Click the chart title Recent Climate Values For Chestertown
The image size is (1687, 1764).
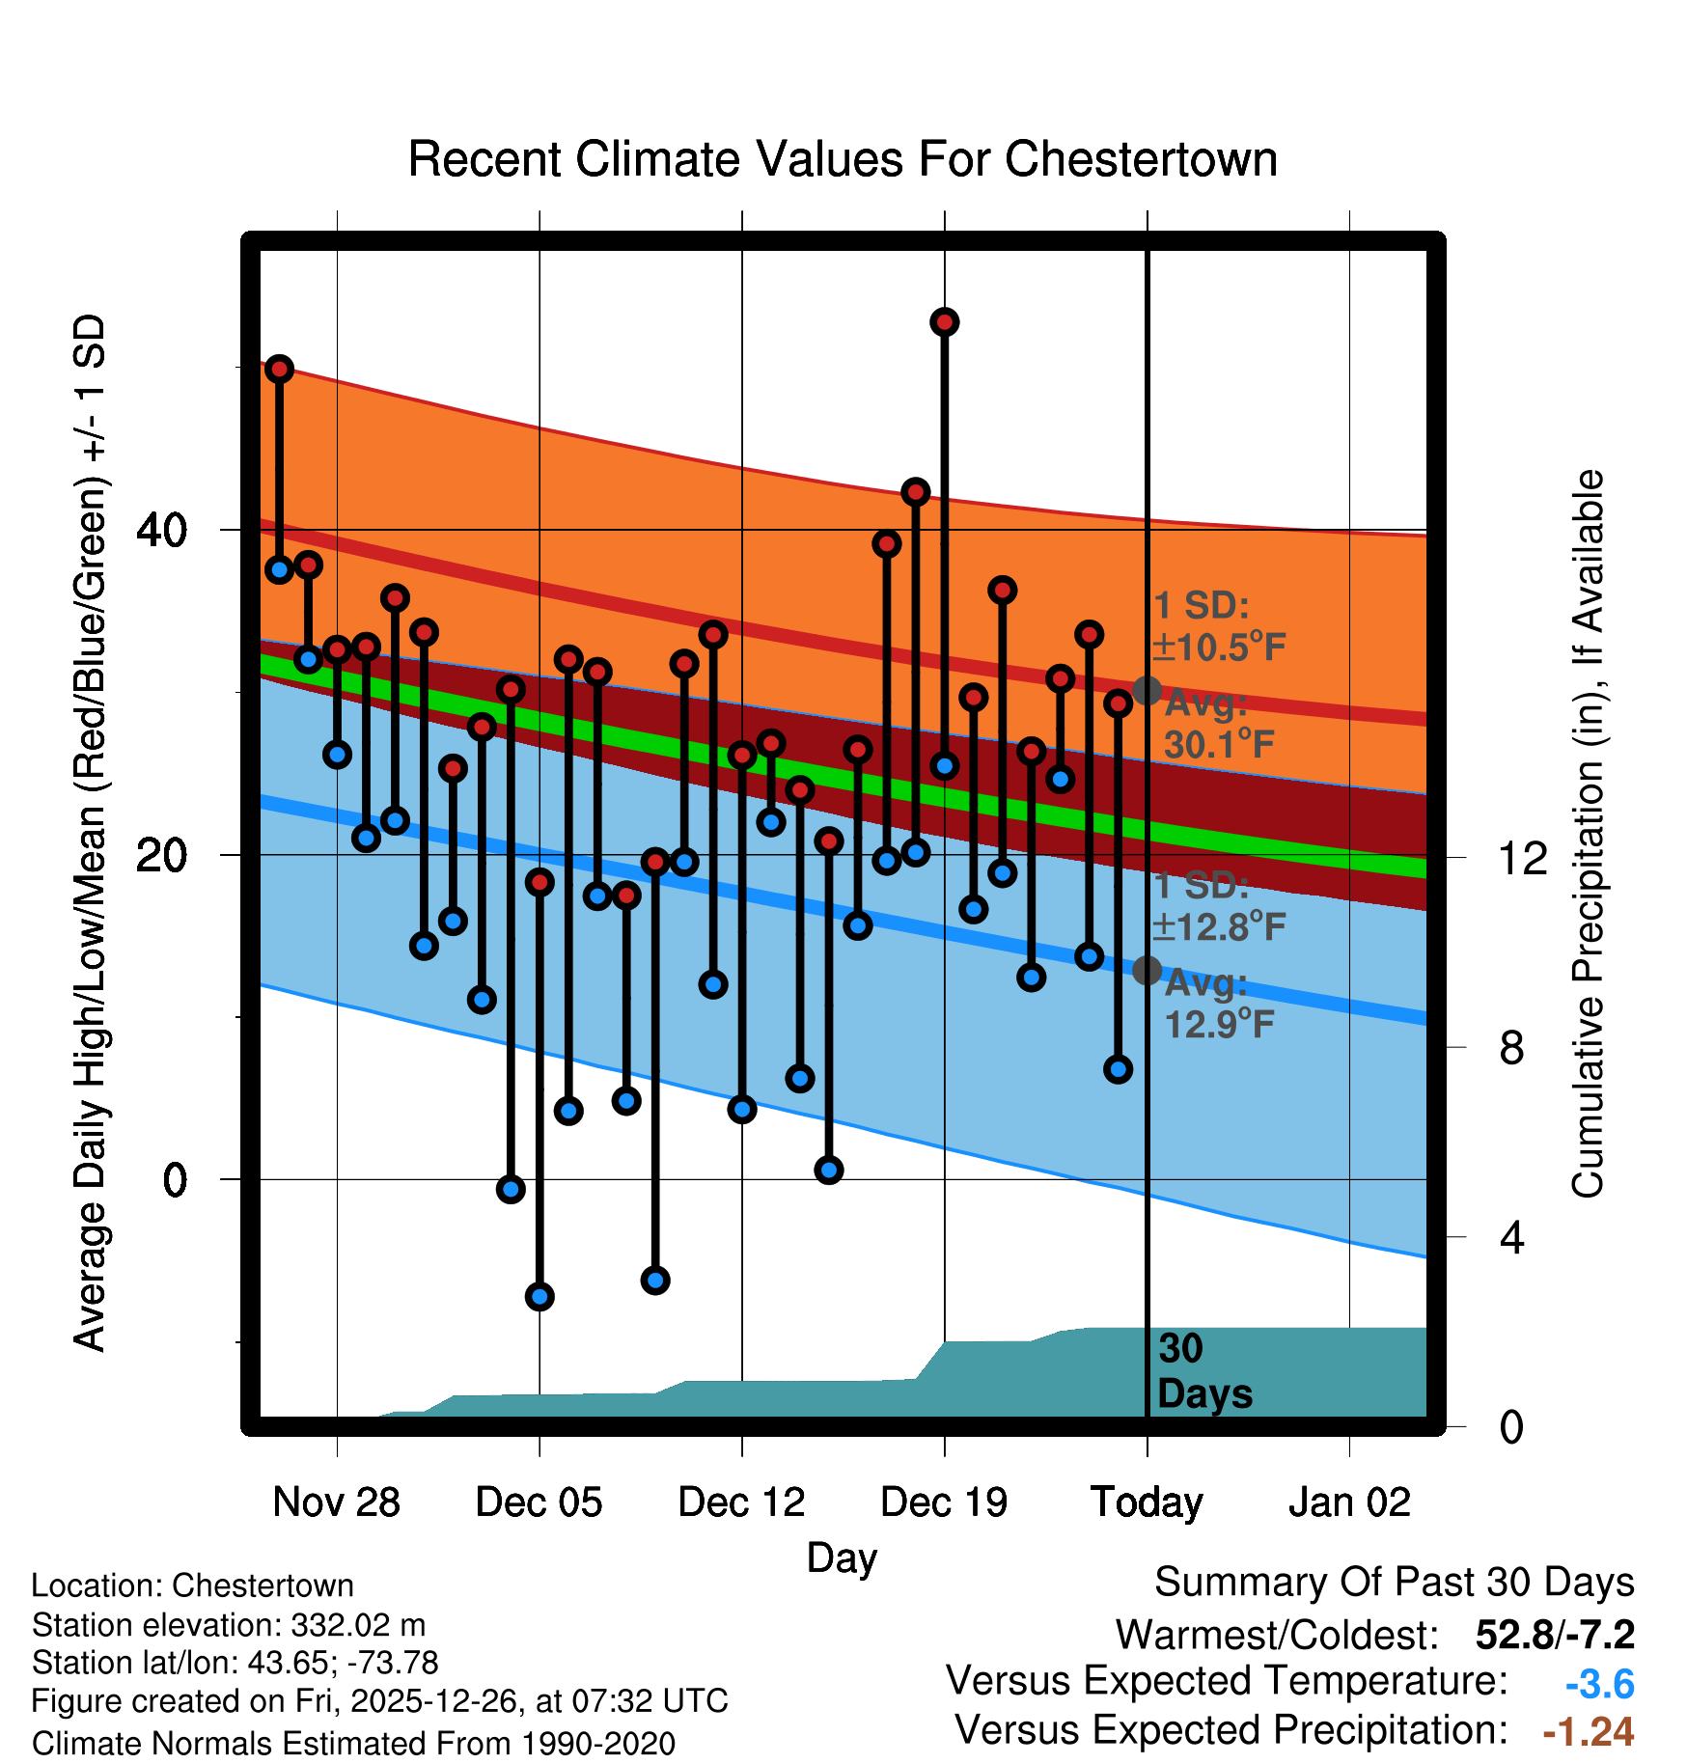tap(843, 159)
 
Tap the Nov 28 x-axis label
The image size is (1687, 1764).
tap(336, 1502)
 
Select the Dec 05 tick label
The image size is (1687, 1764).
tap(539, 1502)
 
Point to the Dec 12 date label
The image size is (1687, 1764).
tap(741, 1502)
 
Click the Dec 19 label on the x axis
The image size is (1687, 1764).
tap(944, 1502)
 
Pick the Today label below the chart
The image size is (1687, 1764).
tap(1147, 1502)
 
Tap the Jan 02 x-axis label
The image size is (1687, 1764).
tap(1349, 1502)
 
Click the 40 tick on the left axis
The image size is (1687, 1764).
tap(162, 530)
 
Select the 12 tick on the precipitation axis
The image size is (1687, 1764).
tap(1522, 858)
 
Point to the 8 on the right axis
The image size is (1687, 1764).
tap(1511, 1047)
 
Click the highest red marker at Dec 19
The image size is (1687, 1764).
tap(945, 322)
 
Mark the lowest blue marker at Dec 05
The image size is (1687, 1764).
tap(539, 1296)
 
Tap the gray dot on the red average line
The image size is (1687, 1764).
tap(1147, 691)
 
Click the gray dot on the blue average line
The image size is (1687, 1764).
tap(1147, 970)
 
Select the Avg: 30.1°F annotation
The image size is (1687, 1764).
tap(1218, 724)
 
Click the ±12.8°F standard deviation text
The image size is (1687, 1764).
tap(1219, 927)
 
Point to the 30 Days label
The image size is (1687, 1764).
tap(1203, 1371)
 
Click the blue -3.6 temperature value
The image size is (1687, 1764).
tap(1599, 1684)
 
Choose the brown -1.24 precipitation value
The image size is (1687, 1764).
tap(1588, 1732)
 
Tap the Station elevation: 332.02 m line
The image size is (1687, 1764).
tap(229, 1625)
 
